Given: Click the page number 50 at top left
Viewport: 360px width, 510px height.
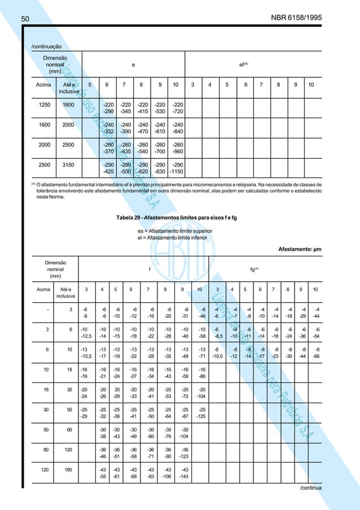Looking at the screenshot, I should [25, 19].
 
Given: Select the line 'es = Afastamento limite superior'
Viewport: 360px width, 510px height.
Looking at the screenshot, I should [175, 231].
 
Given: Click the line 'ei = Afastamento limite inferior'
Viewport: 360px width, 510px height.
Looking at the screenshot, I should [173, 238].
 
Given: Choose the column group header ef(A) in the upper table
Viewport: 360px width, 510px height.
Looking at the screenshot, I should [244, 65].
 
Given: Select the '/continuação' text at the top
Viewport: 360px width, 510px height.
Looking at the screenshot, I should [47, 46].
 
